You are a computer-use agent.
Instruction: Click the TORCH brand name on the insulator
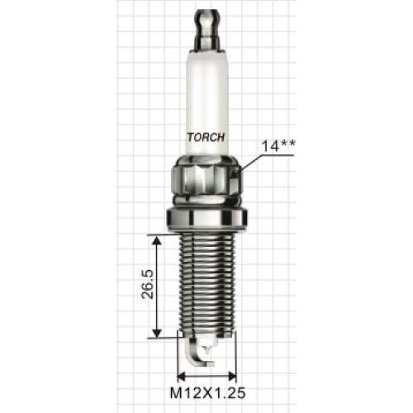pyautogui.click(x=206, y=137)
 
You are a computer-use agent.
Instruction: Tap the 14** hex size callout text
pyautogui.click(x=278, y=146)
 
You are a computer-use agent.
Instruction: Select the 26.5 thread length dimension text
pyautogui.click(x=147, y=285)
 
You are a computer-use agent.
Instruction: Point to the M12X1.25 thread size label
pyautogui.click(x=207, y=393)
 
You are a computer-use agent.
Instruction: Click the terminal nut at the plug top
pyautogui.click(x=207, y=31)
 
